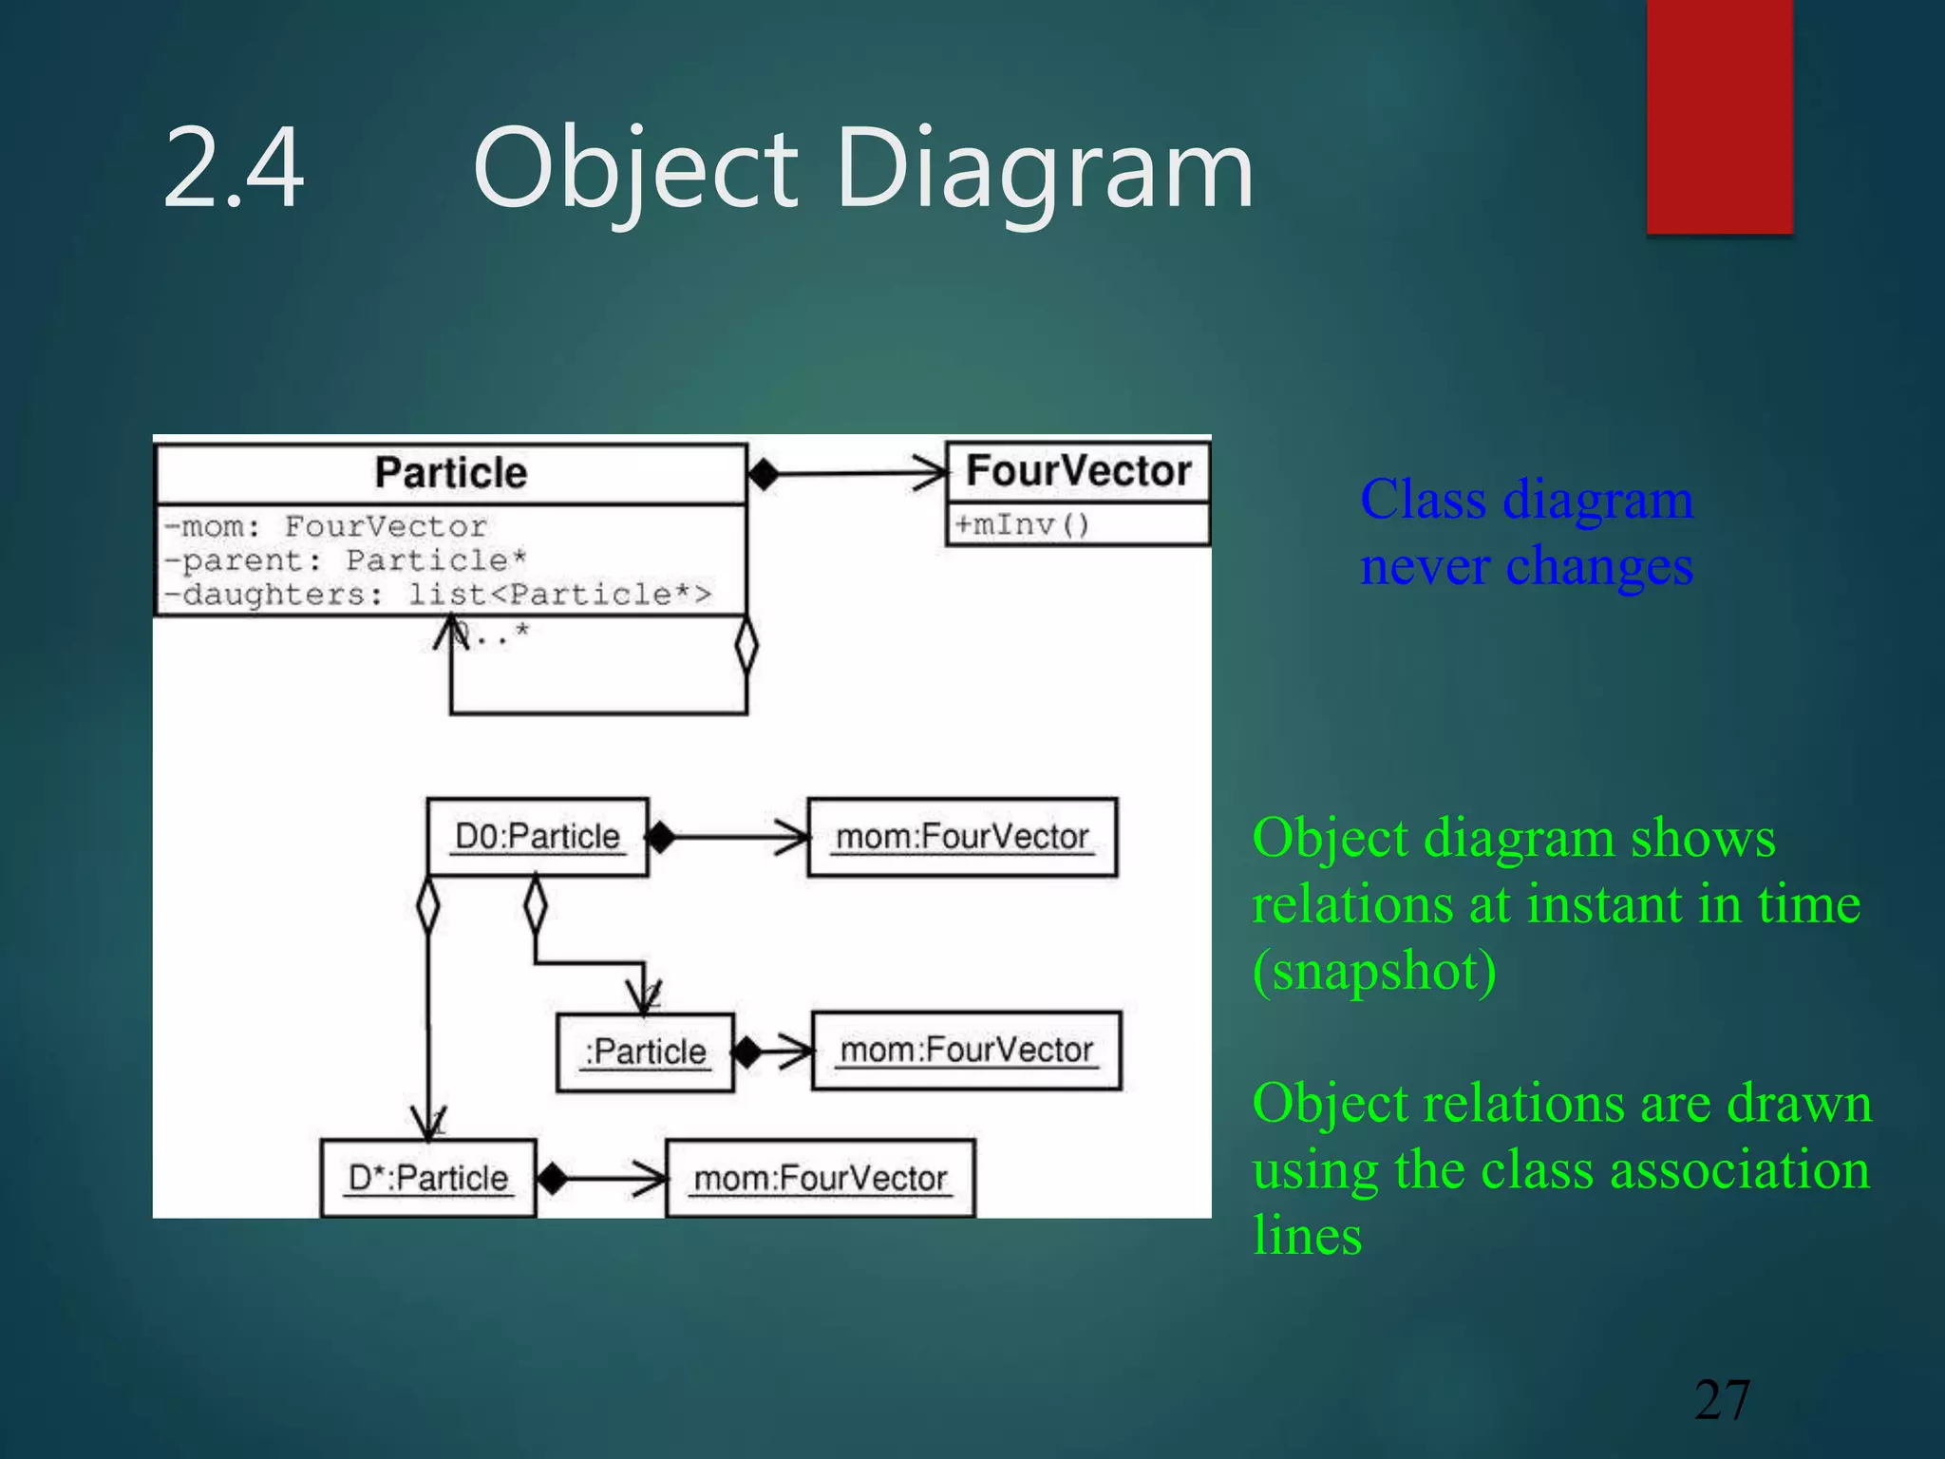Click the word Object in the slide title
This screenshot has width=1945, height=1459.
[x=634, y=171]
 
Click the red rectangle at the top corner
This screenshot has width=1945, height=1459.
[x=1719, y=116]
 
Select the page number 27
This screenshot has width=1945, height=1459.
[x=1722, y=1400]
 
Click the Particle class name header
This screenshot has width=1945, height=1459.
[x=450, y=473]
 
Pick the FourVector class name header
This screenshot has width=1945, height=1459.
[x=1078, y=471]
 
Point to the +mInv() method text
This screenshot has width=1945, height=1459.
[x=1022, y=524]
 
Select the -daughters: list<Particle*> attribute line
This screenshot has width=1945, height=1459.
[x=437, y=595]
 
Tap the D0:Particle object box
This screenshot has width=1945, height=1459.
[x=538, y=837]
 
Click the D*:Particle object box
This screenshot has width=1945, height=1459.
[x=428, y=1179]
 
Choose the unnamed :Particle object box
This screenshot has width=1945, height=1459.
[x=646, y=1052]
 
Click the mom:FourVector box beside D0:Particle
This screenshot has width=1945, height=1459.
[x=962, y=837]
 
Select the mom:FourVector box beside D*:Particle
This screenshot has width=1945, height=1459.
[x=821, y=1179]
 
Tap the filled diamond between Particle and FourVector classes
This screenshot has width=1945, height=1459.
[x=763, y=473]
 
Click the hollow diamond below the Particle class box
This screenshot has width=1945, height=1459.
[x=746, y=646]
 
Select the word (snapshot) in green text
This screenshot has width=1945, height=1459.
[x=1374, y=971]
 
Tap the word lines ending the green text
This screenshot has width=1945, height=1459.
[x=1308, y=1236]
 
